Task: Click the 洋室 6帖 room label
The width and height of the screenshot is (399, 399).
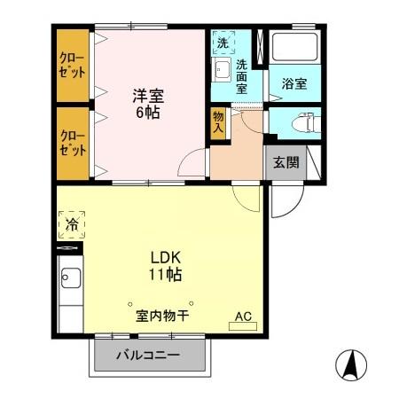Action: (146, 104)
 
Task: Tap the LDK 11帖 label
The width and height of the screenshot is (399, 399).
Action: (164, 267)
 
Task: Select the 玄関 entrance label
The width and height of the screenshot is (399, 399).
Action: (286, 161)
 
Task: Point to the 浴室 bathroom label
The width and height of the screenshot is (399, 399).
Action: (295, 85)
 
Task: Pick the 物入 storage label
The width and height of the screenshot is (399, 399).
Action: (217, 122)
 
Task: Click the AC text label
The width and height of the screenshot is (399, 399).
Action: (243, 316)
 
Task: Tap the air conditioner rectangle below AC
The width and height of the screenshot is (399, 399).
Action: (243, 327)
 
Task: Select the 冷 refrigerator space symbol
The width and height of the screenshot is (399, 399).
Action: (72, 226)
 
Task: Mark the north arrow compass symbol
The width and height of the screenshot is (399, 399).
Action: (352, 364)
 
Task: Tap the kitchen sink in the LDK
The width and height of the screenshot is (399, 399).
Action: (69, 283)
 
